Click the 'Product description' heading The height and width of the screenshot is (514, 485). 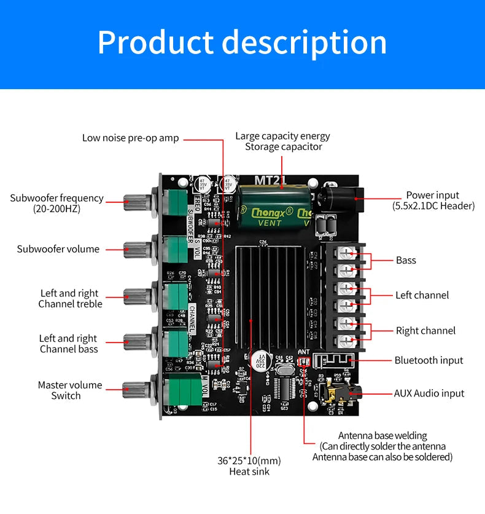coord(242,42)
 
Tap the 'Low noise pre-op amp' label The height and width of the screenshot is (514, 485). coord(131,138)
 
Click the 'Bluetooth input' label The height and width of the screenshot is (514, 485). coord(429,360)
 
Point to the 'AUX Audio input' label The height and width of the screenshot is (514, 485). coord(429,393)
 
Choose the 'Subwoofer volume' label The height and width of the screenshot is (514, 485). coord(58,249)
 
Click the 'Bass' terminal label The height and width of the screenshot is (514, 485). coord(406,260)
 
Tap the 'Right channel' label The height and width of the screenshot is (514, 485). coord(425,331)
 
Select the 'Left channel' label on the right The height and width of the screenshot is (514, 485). coord(422,295)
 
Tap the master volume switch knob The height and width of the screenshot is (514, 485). coord(136,388)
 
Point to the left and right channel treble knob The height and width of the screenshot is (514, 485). coord(136,296)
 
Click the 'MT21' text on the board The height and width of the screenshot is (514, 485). coord(271,180)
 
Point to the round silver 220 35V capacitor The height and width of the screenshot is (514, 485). coord(259,360)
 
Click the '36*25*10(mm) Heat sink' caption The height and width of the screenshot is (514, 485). coord(249,466)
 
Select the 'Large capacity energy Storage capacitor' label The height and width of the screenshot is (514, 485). coord(283,141)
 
